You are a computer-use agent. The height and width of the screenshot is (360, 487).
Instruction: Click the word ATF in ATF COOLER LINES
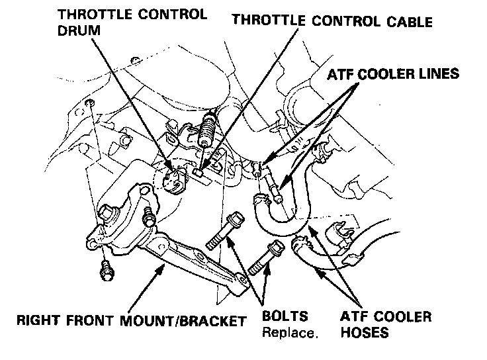[341, 74]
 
